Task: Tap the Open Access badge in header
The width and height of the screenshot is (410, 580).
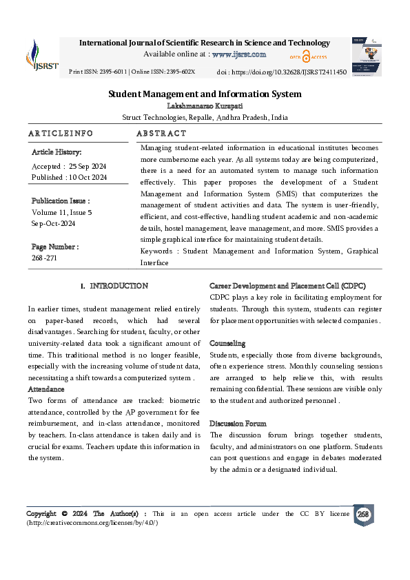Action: point(308,57)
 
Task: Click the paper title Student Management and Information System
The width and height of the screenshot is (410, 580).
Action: point(205,94)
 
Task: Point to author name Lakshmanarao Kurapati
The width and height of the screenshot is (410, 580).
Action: point(205,105)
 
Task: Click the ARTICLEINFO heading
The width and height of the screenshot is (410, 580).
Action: point(61,133)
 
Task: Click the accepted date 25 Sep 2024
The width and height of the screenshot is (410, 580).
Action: point(88,167)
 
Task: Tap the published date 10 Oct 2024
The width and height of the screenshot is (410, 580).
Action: point(88,177)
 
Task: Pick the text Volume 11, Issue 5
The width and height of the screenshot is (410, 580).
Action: point(61,213)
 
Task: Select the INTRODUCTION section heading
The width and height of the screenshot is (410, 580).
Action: point(119,285)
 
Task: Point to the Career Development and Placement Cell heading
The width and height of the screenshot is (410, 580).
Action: point(287,285)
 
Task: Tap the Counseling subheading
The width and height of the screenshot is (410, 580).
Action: point(227,343)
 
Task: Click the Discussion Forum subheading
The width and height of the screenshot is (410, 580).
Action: point(238,424)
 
